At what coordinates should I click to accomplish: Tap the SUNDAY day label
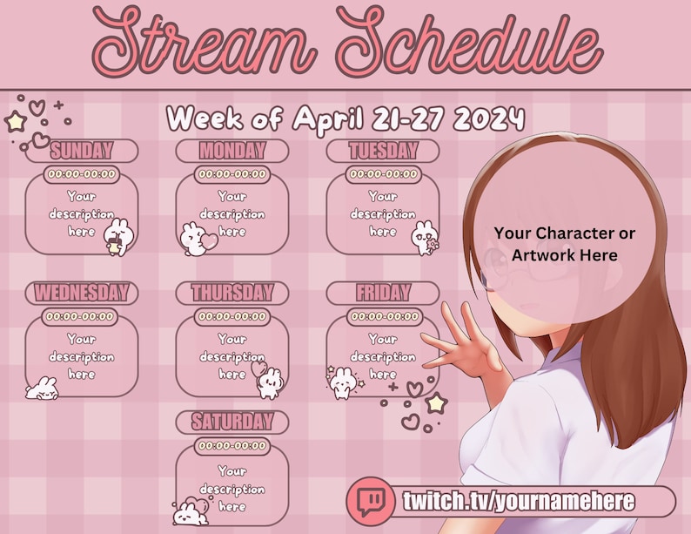click(x=81, y=150)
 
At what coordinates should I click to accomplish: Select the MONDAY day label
click(x=231, y=150)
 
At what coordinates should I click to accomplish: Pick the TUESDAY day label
click(x=383, y=150)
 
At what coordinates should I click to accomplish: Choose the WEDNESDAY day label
click(x=81, y=292)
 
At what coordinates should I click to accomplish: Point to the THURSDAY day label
click(x=231, y=292)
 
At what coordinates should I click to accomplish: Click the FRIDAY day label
click(x=383, y=292)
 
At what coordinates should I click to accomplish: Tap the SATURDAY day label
click(x=231, y=422)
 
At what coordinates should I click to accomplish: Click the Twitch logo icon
click(x=372, y=502)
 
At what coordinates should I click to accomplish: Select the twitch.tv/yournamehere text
click(x=518, y=502)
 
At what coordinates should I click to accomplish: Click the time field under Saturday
click(x=231, y=446)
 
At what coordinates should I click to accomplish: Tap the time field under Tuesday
click(x=383, y=174)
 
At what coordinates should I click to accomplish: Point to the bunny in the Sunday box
click(x=116, y=236)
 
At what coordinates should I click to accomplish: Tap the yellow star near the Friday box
click(x=436, y=402)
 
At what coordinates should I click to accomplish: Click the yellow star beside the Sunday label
click(x=15, y=122)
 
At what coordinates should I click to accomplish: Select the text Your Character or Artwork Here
click(x=564, y=244)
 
